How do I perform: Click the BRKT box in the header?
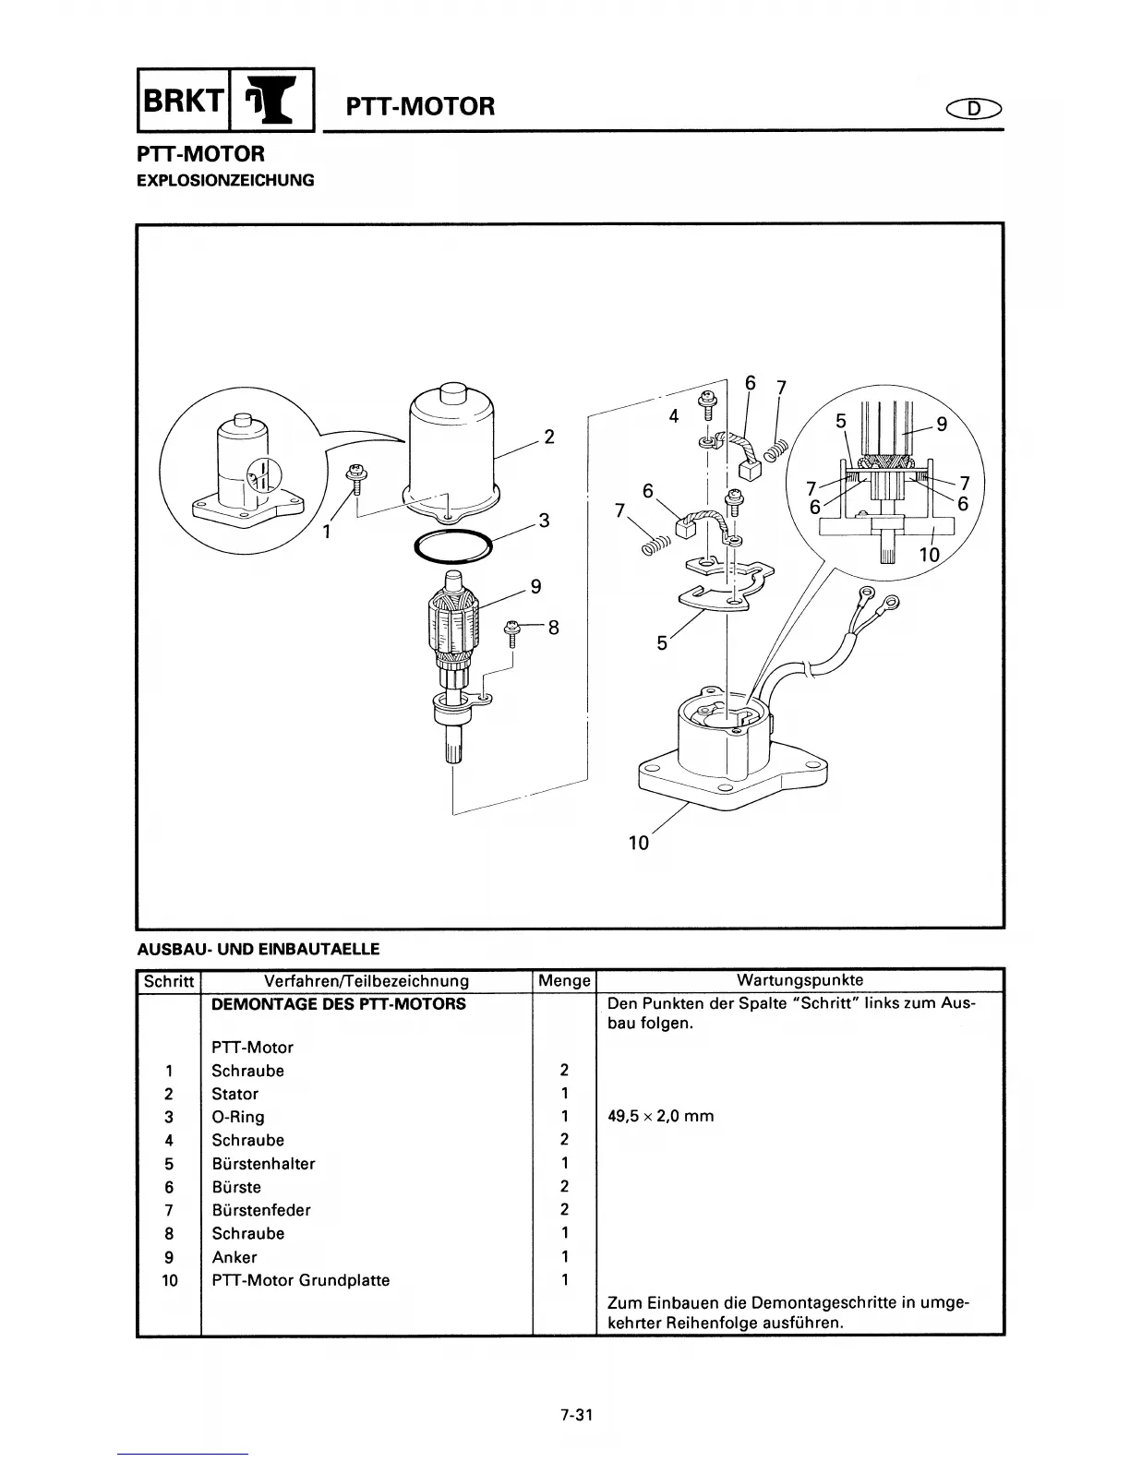[x=181, y=102]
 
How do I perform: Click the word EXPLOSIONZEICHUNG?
[x=225, y=180]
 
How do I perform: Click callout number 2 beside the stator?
[x=549, y=437]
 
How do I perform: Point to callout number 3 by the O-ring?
[x=545, y=521]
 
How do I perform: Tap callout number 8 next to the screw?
[x=554, y=628]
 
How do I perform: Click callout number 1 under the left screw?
[x=328, y=532]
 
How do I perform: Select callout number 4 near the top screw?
[x=674, y=416]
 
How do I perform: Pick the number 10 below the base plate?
[x=639, y=843]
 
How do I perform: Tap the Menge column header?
[x=563, y=981]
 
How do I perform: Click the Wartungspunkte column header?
[x=799, y=980]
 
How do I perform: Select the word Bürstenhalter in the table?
[x=263, y=1164]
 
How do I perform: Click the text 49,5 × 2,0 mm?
[x=660, y=1116]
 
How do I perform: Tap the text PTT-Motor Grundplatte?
[x=300, y=1280]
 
